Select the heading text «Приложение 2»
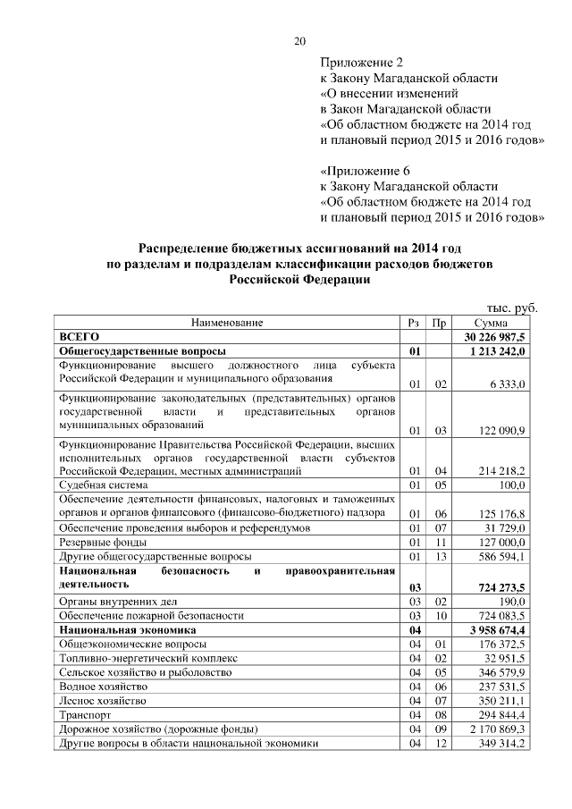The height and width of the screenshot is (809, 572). point(362,63)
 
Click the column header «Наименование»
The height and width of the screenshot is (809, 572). point(226,323)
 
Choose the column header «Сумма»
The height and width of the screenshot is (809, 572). point(491,323)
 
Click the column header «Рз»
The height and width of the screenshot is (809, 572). point(414,323)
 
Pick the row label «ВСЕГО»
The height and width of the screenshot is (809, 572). point(78,337)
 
